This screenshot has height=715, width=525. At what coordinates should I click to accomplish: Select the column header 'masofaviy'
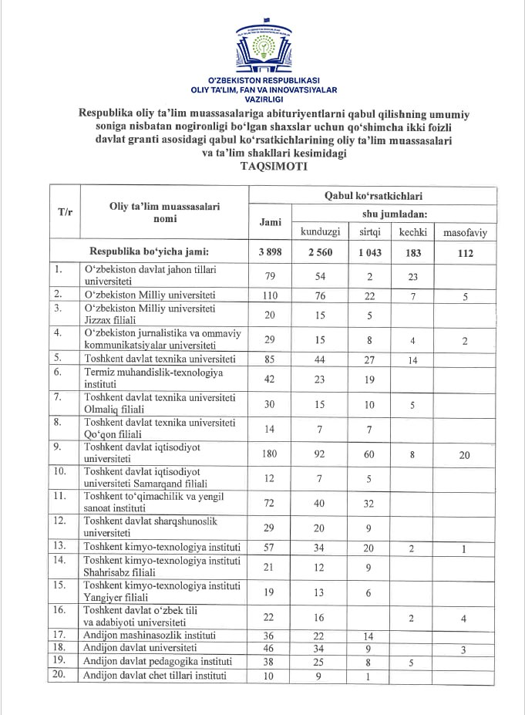(465, 231)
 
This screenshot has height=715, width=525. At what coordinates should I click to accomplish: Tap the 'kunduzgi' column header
(319, 231)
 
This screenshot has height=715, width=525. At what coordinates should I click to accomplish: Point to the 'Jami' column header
(270, 221)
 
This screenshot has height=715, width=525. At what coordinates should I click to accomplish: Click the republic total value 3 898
(270, 252)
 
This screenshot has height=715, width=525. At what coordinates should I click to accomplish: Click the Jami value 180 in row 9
(270, 455)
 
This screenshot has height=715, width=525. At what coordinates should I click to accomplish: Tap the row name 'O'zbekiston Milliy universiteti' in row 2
(150, 295)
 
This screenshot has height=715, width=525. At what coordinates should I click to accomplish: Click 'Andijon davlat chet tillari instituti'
(155, 676)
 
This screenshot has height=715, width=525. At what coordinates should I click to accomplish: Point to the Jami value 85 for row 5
(270, 359)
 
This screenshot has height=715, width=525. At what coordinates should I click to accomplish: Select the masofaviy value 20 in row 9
(465, 455)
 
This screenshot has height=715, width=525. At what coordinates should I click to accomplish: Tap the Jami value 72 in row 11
(270, 504)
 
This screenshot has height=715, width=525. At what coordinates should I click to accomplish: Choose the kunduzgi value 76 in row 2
(319, 295)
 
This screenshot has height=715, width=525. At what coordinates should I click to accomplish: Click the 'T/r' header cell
(66, 211)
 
